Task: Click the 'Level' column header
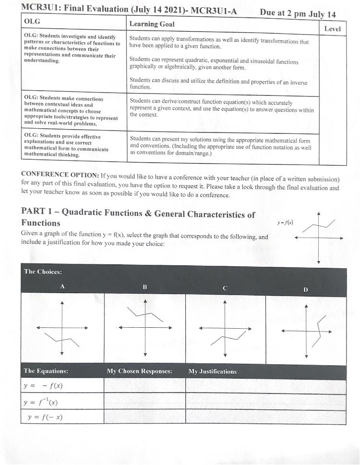pos(332,29)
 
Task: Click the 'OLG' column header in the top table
pos(32,22)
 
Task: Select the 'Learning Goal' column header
pos(152,24)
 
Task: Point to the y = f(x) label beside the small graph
pos(285,223)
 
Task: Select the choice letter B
pos(144,287)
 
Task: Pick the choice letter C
pos(225,288)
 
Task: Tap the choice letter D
pos(305,289)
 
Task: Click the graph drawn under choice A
pos(62,328)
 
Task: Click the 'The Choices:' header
pos(43,272)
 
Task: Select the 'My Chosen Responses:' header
pos(139,371)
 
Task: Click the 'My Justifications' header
pos(213,371)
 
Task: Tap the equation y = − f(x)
pos(44,386)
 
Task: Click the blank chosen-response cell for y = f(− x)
pos(144,417)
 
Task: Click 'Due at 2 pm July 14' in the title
pos(298,13)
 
